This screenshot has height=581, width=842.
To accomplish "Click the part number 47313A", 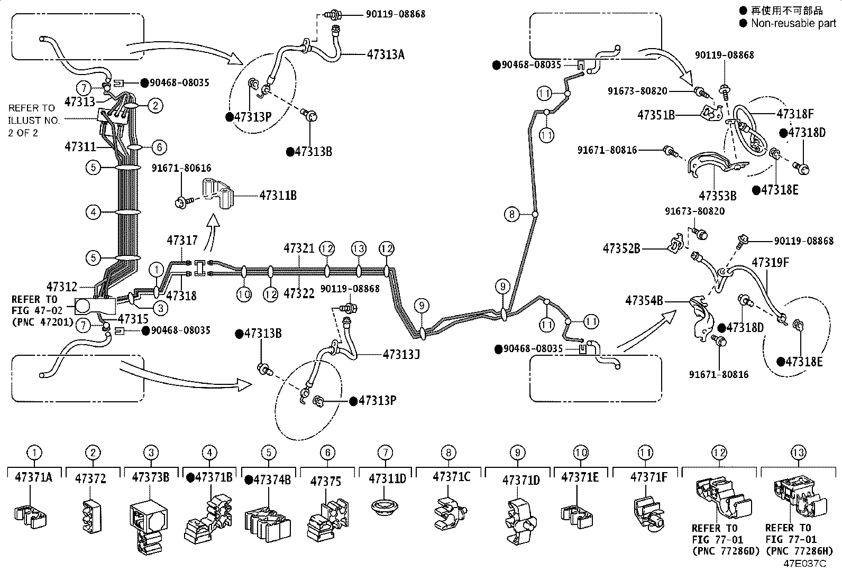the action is pos(386,55).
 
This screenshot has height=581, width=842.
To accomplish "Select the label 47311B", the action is pos(278,196).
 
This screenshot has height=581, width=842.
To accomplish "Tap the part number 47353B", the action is pos(718,196).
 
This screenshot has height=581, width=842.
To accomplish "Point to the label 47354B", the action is pos(644,301).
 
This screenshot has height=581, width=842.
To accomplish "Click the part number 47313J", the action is pos(401,354).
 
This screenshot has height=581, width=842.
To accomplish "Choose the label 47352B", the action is pos(621,248).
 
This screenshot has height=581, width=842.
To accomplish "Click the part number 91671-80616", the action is pos(181,168).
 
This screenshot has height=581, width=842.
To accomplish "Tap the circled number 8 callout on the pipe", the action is pos(511,214).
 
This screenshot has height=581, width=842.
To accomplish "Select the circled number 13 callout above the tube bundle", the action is pos(359,248).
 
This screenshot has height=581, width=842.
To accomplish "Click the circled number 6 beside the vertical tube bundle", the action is pos(159,147).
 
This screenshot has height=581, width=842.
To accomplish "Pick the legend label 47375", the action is pos(325,482).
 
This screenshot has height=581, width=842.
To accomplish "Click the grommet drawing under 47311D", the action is pos(384,506).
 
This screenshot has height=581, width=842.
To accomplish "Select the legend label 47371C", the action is pos(452,477).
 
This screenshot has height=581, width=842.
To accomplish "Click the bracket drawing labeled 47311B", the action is pos(219,193).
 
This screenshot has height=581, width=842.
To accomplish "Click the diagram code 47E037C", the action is pos(805,564).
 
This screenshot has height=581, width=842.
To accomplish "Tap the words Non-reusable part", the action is pos(793,23).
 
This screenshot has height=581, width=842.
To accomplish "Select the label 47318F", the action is pos(795,114).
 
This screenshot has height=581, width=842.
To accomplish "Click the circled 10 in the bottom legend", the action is pos(580,453).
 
